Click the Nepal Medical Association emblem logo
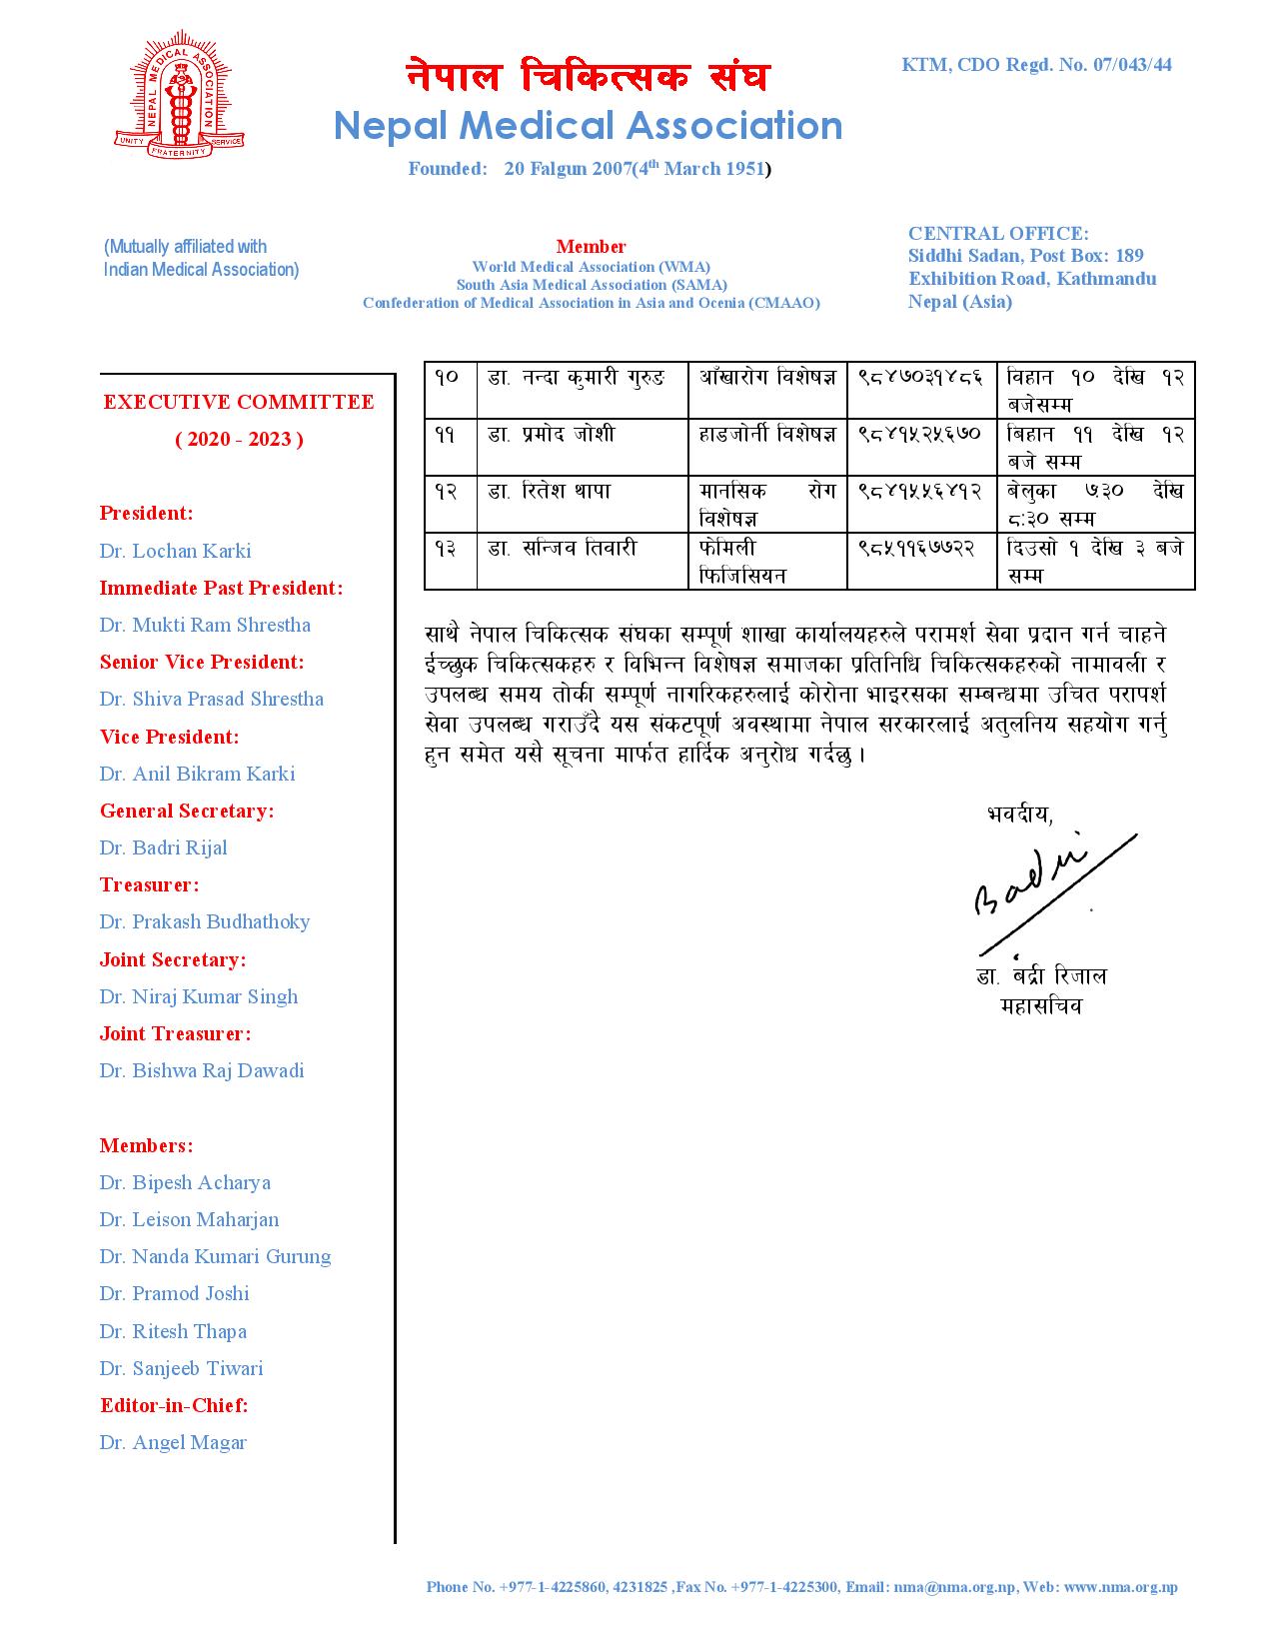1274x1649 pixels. point(179,97)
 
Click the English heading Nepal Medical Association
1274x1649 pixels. point(588,126)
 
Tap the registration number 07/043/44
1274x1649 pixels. point(1132,65)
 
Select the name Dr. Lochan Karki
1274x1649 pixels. point(175,551)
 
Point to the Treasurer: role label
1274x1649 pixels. point(149,884)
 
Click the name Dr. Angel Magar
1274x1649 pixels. point(173,1442)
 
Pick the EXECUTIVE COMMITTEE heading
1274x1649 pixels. point(239,402)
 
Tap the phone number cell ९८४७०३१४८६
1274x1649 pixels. point(920,377)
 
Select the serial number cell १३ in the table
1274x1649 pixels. point(447,548)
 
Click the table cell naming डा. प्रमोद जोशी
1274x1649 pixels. point(552,434)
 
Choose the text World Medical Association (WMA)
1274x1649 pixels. point(591,267)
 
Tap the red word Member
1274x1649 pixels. point(591,246)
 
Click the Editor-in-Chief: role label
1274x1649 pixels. point(174,1405)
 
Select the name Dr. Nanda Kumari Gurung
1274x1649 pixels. point(215,1256)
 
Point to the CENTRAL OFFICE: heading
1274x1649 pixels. point(998,233)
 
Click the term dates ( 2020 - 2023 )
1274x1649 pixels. point(239,439)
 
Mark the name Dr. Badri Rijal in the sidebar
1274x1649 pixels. point(163,847)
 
